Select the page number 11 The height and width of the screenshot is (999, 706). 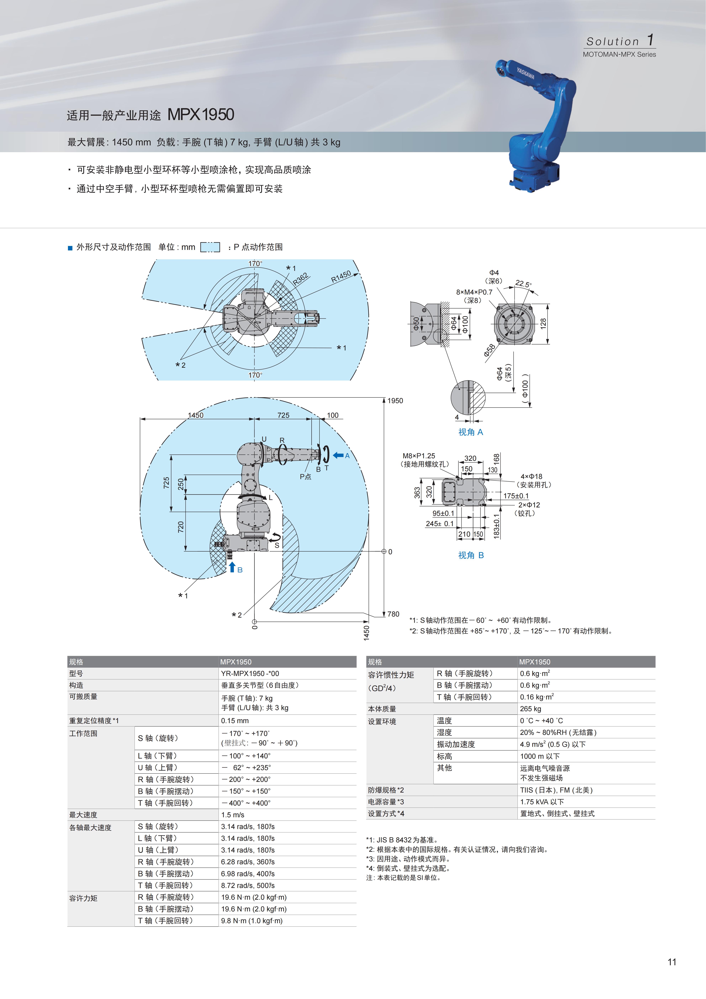click(x=672, y=962)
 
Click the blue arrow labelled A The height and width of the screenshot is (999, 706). click(x=338, y=455)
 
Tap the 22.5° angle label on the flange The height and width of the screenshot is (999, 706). click(x=523, y=284)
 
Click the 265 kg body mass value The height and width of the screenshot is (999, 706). click(x=530, y=709)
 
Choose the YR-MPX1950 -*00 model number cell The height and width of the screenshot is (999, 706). click(x=250, y=673)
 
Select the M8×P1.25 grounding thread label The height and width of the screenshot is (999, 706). click(x=419, y=456)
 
